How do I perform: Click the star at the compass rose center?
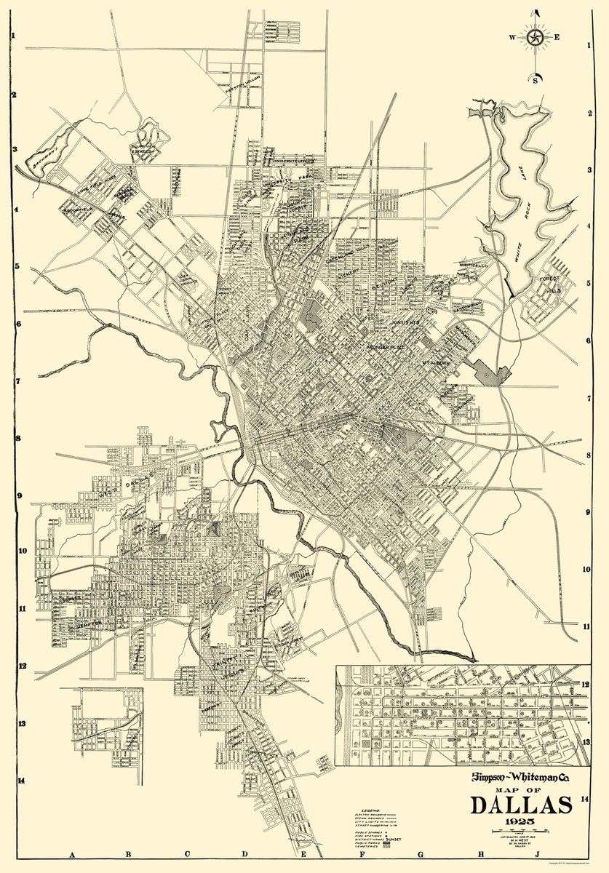pos(536,37)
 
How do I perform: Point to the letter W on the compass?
pos(513,37)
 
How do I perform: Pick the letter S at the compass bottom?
pos(537,80)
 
